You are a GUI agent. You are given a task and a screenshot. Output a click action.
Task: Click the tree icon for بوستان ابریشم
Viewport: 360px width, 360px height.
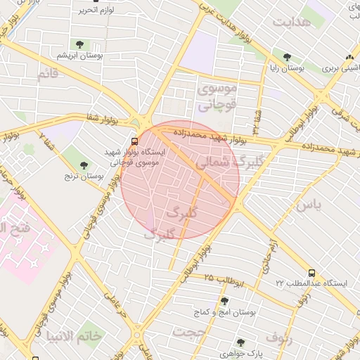click(78, 44)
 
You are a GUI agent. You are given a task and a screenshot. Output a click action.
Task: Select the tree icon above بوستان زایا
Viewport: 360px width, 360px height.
click(286, 57)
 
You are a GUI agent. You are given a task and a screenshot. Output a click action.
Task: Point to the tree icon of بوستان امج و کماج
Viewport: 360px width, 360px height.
click(224, 301)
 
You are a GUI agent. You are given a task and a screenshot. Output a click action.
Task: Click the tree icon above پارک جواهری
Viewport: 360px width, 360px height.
click(240, 342)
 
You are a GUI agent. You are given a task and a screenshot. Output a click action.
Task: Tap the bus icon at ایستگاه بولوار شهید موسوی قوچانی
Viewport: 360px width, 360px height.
click(134, 140)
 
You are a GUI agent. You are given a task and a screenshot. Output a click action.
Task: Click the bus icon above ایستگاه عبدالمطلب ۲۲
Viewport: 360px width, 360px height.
click(311, 272)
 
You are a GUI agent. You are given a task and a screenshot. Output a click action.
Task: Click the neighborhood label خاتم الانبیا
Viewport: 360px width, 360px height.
click(74, 337)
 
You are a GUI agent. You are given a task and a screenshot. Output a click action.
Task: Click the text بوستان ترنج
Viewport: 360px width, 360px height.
click(86, 176)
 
